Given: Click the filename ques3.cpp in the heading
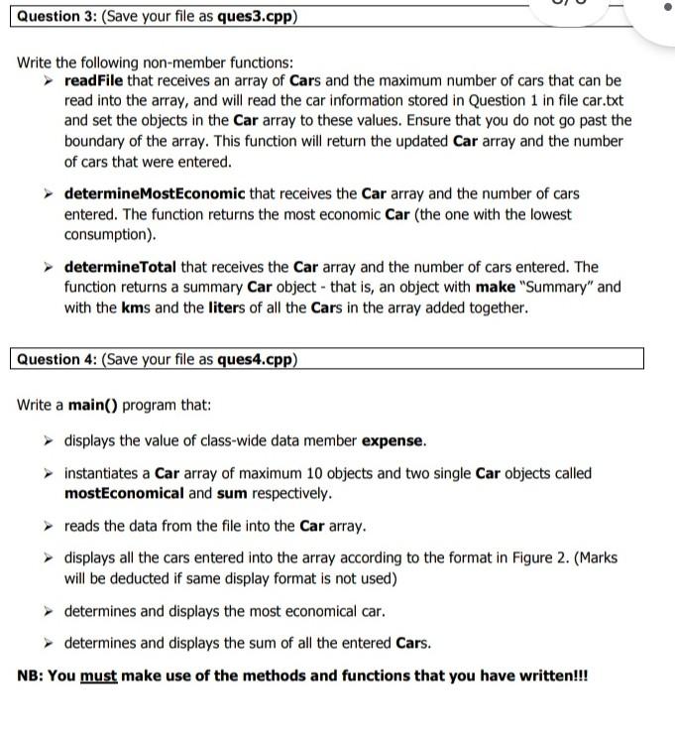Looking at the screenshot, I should click(256, 17).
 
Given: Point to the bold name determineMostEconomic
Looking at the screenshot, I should click(155, 193).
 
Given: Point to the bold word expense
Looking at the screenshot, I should click(394, 440).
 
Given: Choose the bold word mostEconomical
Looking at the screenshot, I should click(124, 493).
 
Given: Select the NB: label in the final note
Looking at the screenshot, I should click(31, 676).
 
